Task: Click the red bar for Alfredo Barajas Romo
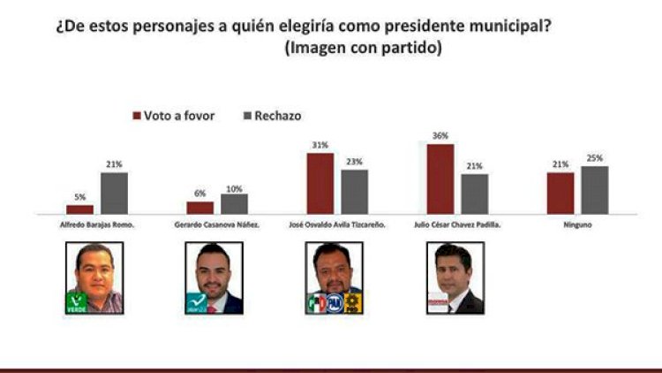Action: (79, 209)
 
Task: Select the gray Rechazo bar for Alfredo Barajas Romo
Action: (114, 193)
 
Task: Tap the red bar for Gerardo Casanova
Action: (200, 207)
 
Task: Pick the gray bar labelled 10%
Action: (234, 203)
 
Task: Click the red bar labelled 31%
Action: (320, 183)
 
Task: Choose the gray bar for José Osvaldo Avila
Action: (354, 191)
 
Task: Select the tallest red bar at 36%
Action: (440, 179)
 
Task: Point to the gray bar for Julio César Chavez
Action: (474, 194)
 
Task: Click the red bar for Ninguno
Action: (560, 193)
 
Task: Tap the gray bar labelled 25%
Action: (594, 189)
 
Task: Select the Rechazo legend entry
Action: (273, 115)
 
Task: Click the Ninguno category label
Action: (576, 225)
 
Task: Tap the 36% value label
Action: (440, 135)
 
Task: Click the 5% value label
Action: (79, 198)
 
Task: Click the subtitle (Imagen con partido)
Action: (362, 49)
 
